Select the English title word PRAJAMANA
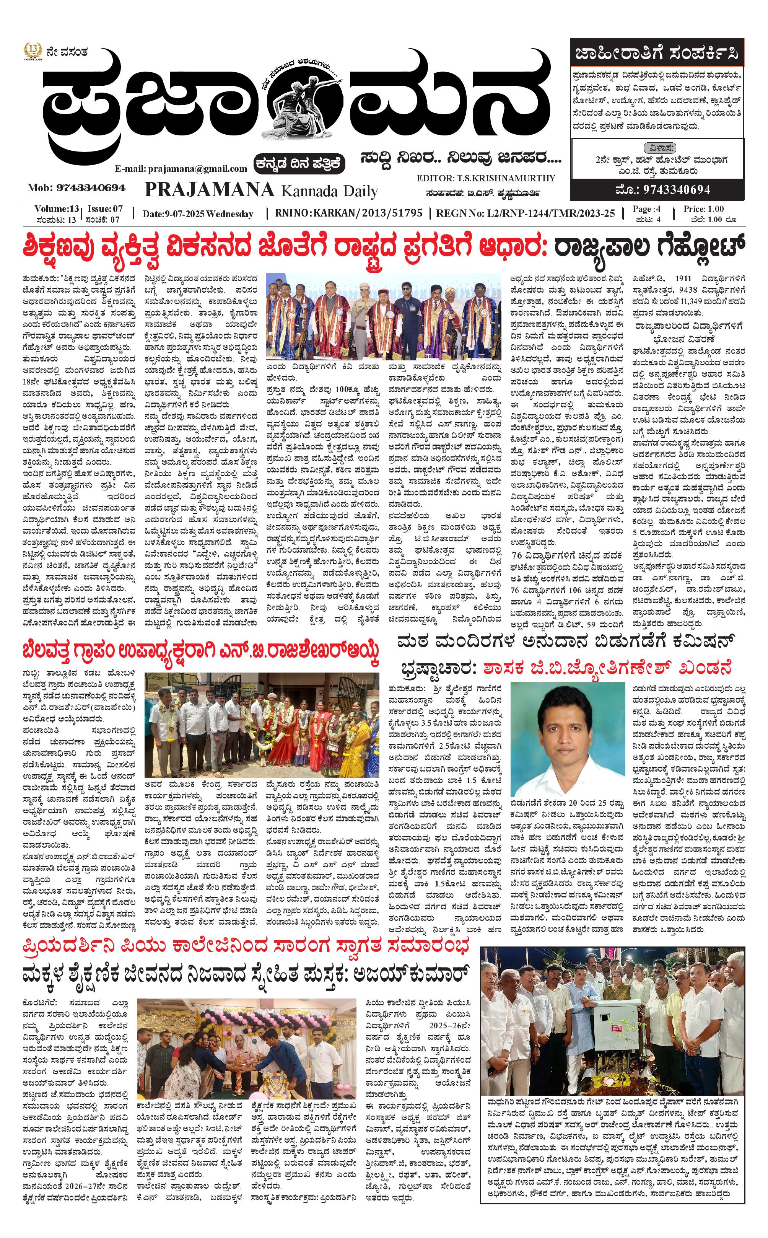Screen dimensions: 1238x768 pos(209,189)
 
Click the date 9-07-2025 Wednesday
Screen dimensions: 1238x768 pos(198,214)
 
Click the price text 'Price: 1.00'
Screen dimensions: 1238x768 pos(703,209)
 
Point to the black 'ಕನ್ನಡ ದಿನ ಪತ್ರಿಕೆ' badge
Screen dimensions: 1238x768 pos(300,164)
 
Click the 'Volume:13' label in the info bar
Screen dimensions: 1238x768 pos(57,209)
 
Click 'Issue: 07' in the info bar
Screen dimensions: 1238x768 pos(105,209)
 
